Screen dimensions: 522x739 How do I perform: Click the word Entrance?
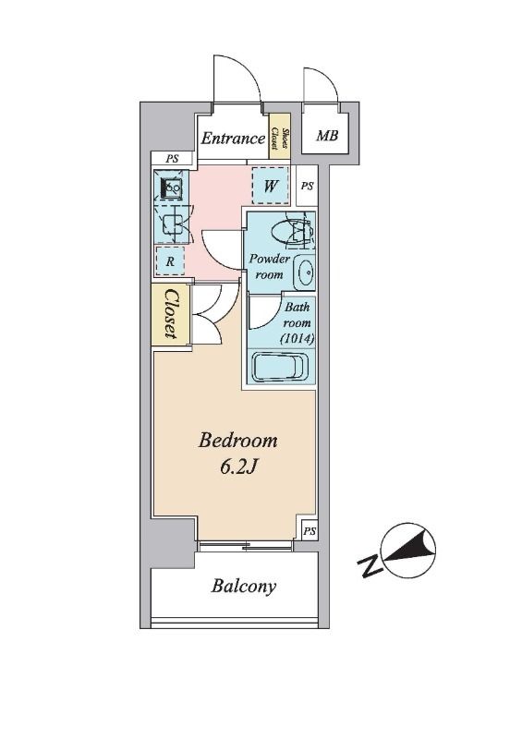233,138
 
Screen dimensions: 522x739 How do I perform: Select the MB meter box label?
327,136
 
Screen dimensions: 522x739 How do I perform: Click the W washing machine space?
270,187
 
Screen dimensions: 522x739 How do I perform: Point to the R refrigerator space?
170,261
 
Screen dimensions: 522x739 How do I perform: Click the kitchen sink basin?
171,189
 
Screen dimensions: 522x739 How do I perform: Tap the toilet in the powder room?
292,230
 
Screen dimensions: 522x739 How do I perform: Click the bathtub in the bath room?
280,368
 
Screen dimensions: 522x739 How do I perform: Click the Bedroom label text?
237,441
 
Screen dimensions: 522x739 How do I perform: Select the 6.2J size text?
238,466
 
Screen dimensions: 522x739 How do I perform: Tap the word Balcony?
243,586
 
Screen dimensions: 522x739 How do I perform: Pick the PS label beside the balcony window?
310,532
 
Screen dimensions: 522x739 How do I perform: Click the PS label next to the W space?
307,187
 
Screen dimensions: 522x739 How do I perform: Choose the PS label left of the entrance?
172,159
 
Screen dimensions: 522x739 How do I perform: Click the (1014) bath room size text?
297,338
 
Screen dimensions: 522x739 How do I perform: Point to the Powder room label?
269,266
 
